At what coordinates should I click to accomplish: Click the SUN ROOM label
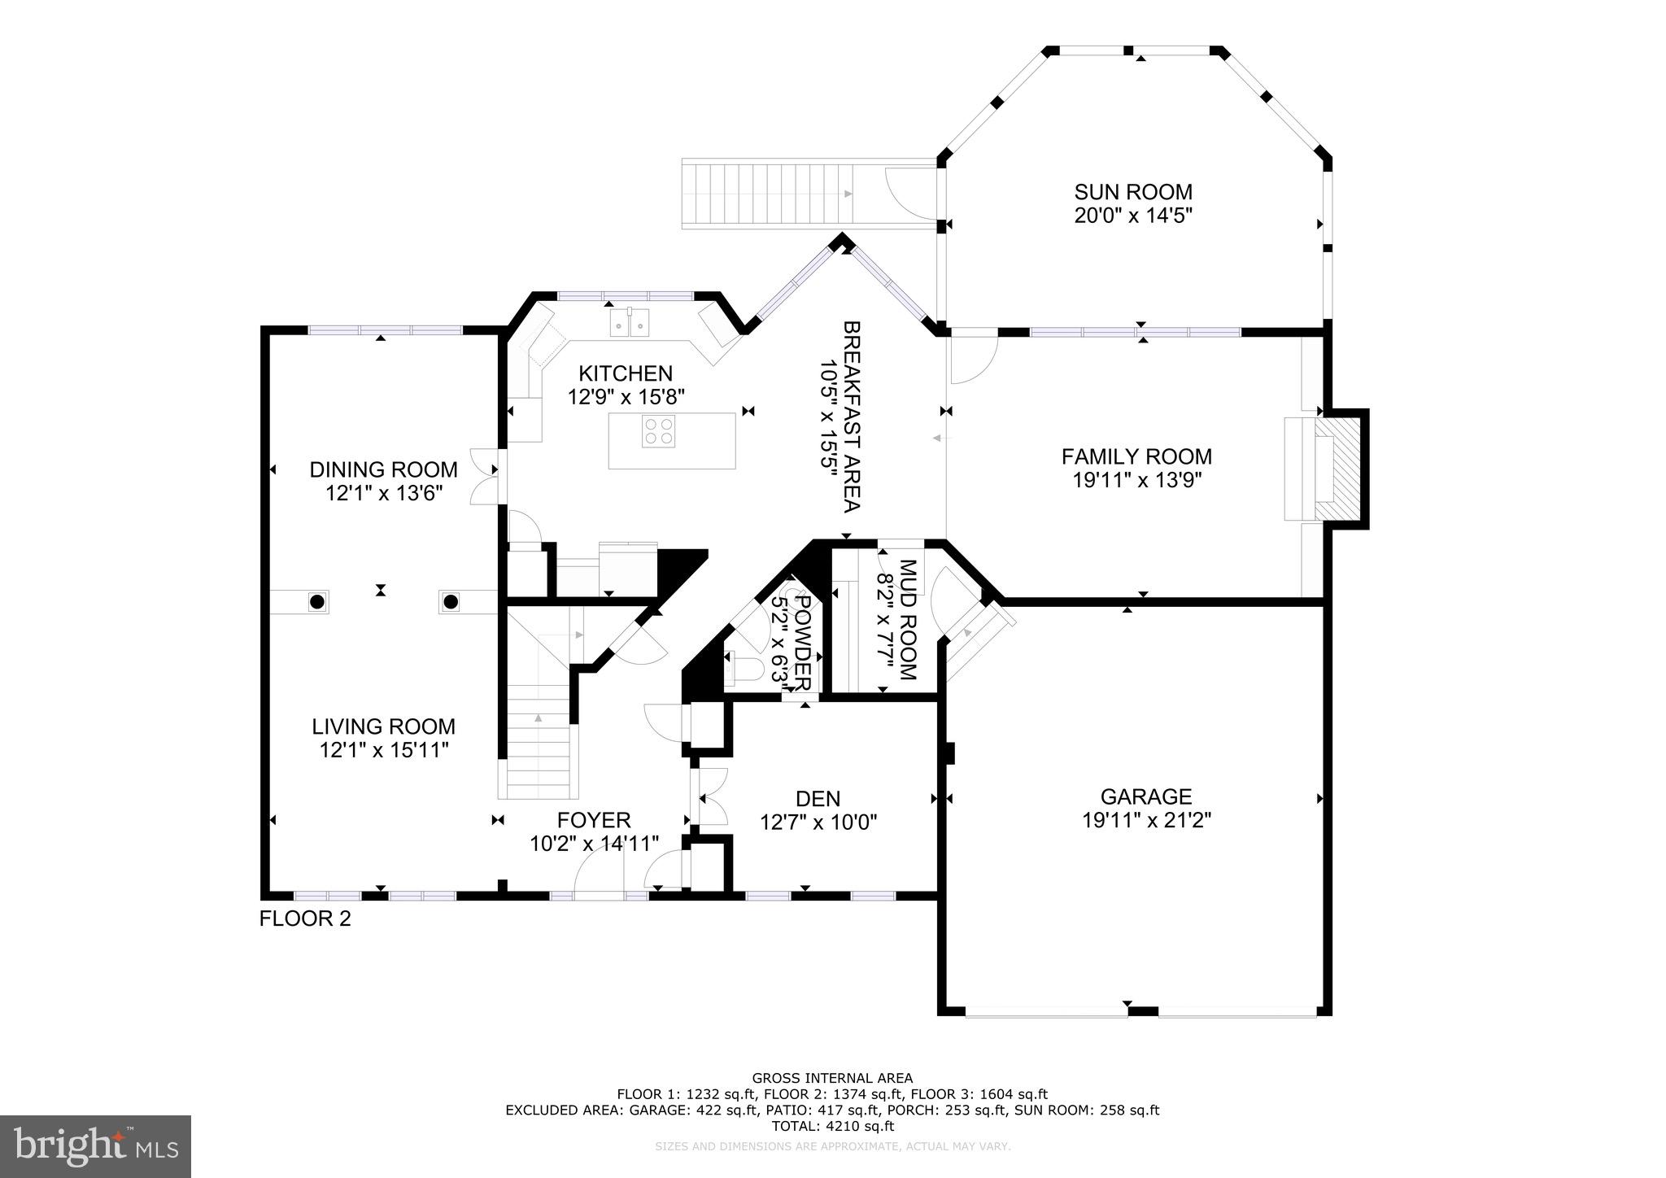coord(1132,192)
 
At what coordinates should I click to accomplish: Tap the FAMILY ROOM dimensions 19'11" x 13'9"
coord(1136,480)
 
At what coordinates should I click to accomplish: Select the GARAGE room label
coord(1145,796)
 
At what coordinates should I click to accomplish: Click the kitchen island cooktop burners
coord(658,430)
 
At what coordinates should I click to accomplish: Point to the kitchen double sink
coord(630,325)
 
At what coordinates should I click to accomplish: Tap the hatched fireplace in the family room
coord(1338,469)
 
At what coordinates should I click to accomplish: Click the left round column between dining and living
coord(317,602)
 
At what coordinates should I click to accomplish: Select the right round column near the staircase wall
coord(451,602)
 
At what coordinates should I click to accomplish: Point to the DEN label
coord(818,799)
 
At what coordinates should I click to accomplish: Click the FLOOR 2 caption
coord(305,919)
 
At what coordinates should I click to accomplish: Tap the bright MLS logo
coord(95,1146)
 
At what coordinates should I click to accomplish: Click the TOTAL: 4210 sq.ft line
coord(831,1126)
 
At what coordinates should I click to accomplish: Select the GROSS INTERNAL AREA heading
coord(831,1079)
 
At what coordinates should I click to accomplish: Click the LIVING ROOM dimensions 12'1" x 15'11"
coord(384,750)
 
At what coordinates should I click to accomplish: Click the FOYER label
coord(593,820)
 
